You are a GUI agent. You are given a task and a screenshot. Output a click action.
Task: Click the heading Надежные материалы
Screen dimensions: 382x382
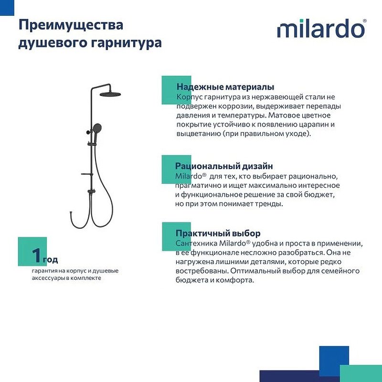point(225,87)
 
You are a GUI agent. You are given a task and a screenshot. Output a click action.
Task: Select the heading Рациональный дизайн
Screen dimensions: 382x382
point(224,166)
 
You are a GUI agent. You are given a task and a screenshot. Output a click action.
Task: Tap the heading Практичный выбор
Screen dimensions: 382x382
point(218,233)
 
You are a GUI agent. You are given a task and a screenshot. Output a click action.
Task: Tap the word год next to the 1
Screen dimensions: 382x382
point(51,260)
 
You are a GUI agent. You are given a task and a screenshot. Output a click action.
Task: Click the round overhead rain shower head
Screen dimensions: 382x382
point(112,95)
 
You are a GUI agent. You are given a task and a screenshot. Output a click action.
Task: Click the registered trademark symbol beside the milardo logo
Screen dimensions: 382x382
point(365,21)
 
